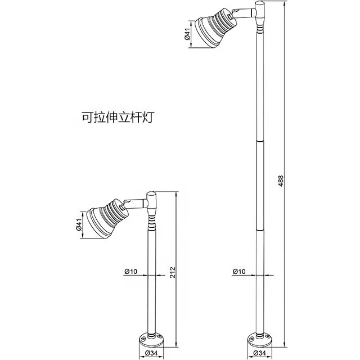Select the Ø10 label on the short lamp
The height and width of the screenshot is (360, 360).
(x=131, y=272)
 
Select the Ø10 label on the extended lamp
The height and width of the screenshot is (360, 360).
(x=239, y=272)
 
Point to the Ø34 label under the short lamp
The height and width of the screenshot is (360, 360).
(x=151, y=353)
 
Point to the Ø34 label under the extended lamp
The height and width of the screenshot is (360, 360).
(x=259, y=353)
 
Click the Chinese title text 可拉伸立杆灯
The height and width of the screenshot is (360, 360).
(x=118, y=118)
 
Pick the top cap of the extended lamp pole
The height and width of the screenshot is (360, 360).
(x=260, y=9)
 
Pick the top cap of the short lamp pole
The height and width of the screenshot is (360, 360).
(x=152, y=198)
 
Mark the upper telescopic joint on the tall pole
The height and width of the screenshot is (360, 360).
(x=260, y=140)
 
